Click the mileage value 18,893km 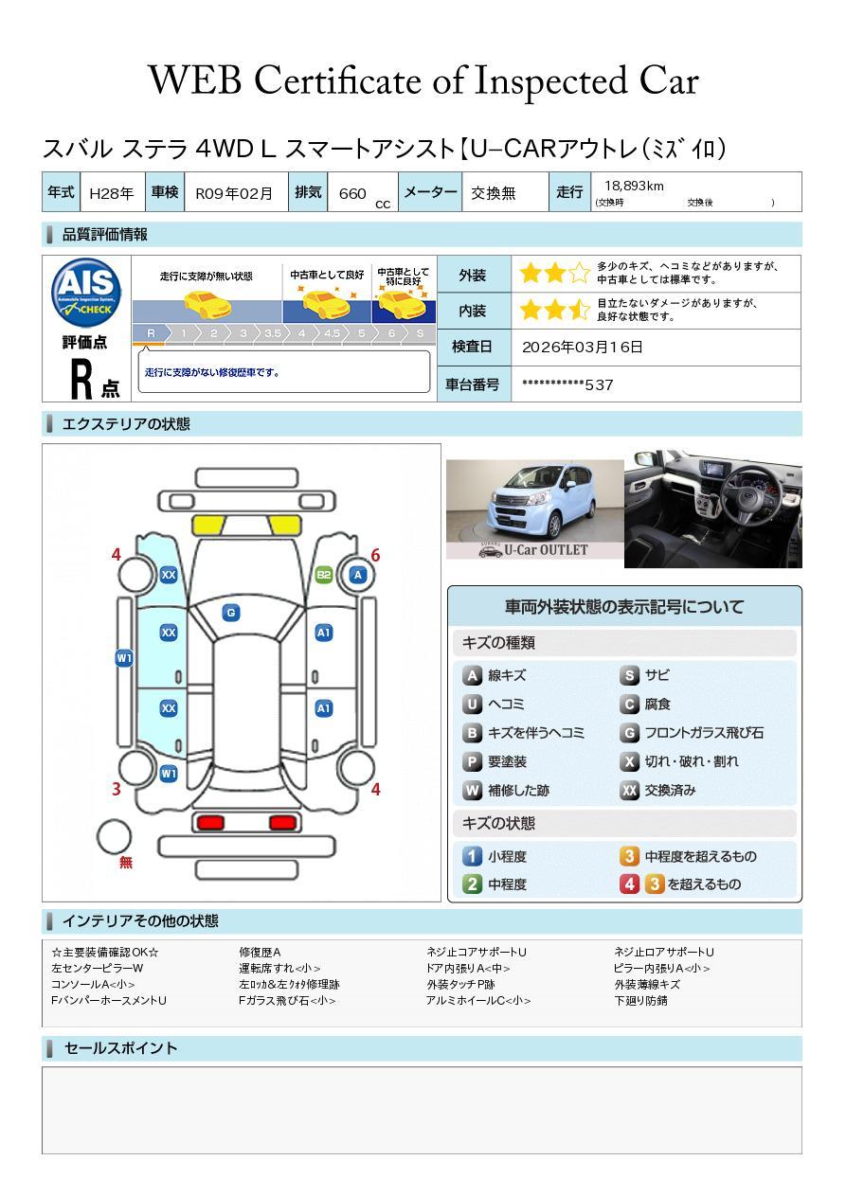[634, 186]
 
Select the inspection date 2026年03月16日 [583, 347]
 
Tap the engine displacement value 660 [352, 193]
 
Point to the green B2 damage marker [324, 575]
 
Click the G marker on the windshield [231, 613]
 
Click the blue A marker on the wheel [358, 575]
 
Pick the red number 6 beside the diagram [375, 555]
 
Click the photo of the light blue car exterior [534, 509]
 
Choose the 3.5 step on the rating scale [273, 333]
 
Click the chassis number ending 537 [567, 384]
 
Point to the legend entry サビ [657, 675]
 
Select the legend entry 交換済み [670, 790]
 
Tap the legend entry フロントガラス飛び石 [704, 733]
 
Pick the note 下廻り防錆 [641, 1001]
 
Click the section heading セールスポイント [120, 1048]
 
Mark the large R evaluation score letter [81, 379]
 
